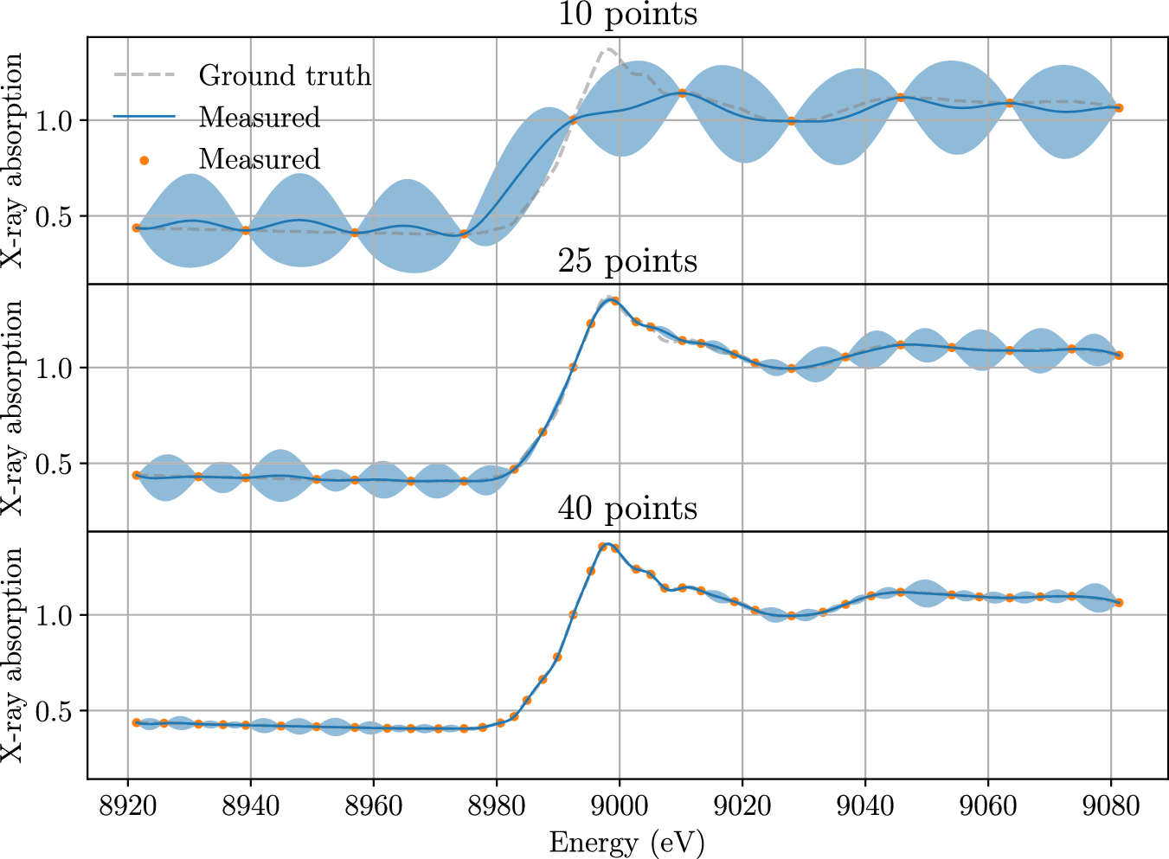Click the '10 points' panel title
[627, 15]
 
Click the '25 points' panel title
[627, 260]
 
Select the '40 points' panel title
[627, 508]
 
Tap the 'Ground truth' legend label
[285, 76]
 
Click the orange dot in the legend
[145, 159]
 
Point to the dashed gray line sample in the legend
[145, 76]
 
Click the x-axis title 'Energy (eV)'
[627, 842]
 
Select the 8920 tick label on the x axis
[128, 806]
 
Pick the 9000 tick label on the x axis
[620, 806]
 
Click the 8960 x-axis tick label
[374, 806]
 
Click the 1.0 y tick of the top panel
[55, 120]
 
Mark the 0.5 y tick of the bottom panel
[55, 711]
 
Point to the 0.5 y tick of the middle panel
[55, 464]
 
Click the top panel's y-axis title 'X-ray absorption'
[14, 160]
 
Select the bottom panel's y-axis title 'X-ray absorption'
[14, 655]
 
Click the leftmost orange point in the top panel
[136, 228]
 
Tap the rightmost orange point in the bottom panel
[1119, 603]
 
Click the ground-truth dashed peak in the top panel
[608, 49]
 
